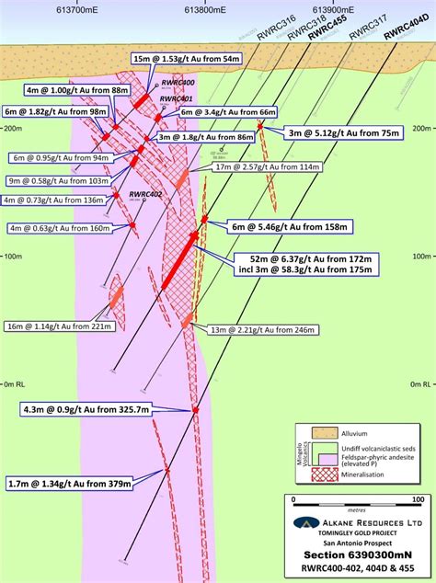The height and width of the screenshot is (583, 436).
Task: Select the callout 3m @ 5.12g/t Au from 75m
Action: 346,132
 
